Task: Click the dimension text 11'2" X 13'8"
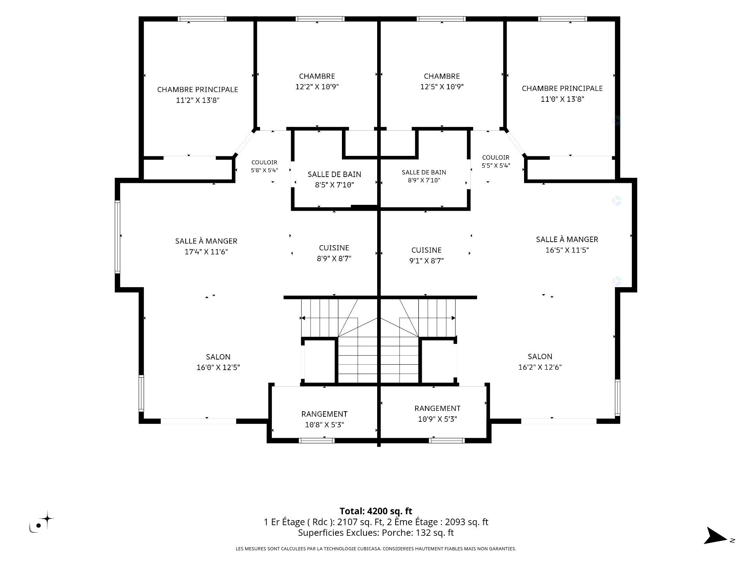(x=197, y=100)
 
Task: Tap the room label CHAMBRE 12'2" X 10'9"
(x=317, y=81)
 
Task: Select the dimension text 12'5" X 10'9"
(x=442, y=87)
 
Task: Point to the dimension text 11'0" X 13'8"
(x=562, y=99)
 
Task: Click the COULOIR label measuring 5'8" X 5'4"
(x=264, y=166)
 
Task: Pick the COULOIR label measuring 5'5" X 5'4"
(x=495, y=161)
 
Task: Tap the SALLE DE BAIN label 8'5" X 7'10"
(x=334, y=179)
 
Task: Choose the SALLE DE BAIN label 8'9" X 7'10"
(x=424, y=176)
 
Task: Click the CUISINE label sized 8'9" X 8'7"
(x=334, y=253)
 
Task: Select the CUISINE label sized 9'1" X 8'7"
(x=426, y=255)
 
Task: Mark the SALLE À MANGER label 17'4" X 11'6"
(x=206, y=246)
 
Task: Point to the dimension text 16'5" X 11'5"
(x=567, y=250)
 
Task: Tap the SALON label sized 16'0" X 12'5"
(x=218, y=362)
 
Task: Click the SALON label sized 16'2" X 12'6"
(x=540, y=362)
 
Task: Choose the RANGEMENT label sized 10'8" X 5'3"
(x=324, y=419)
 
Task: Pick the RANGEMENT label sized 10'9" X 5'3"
(x=437, y=414)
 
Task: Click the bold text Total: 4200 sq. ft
(x=376, y=511)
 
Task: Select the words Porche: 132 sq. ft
(x=418, y=533)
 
